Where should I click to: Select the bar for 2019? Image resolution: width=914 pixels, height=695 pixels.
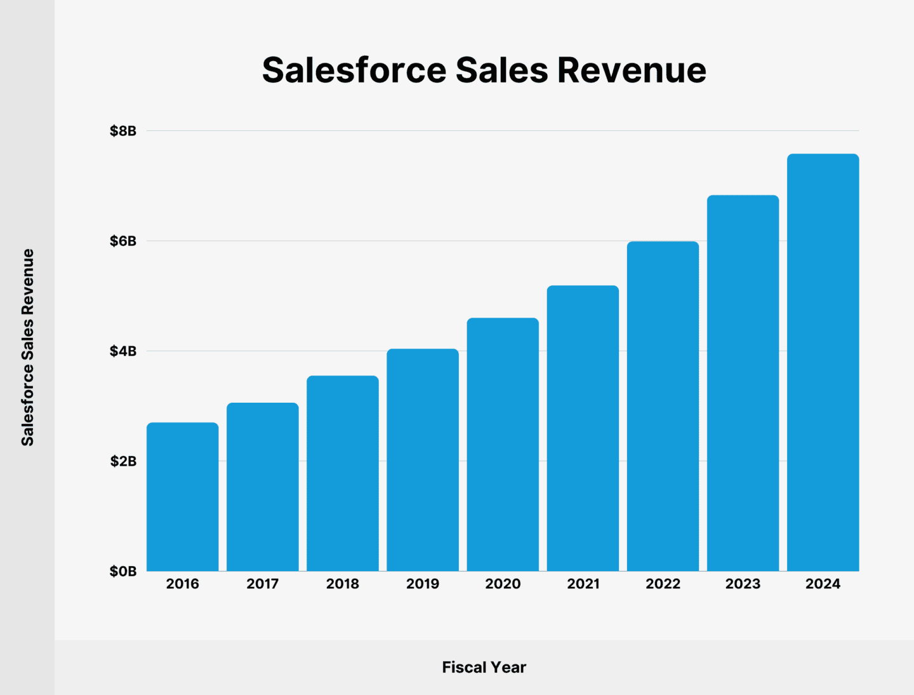(x=422, y=460)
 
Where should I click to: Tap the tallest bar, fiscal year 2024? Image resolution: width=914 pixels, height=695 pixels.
(x=823, y=362)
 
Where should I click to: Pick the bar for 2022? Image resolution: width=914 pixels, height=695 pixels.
(x=663, y=406)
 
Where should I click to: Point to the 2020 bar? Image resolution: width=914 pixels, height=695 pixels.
(x=503, y=445)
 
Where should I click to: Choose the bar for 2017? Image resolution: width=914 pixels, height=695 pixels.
(x=262, y=487)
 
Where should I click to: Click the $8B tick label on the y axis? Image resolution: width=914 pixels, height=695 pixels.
(x=123, y=131)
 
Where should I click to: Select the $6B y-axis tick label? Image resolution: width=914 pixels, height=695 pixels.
(x=123, y=241)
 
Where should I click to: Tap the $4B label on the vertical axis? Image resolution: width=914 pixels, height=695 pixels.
(x=123, y=351)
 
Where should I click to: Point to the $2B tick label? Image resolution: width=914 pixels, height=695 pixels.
(x=123, y=461)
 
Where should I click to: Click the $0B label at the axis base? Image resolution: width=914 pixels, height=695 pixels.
(x=123, y=571)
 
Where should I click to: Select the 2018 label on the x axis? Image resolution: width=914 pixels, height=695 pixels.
(x=342, y=584)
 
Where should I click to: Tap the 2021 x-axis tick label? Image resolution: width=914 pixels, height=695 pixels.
(x=583, y=584)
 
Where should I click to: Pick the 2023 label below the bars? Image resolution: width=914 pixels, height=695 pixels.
(x=743, y=584)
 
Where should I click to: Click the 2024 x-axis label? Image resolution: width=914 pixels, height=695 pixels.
(x=823, y=584)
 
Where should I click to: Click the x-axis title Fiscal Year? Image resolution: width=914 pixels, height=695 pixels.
(x=484, y=667)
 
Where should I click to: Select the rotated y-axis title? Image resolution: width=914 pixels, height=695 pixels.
(x=27, y=347)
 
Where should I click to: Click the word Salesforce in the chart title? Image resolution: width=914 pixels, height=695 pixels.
(x=354, y=70)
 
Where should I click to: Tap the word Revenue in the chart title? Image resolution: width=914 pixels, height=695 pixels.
(x=632, y=70)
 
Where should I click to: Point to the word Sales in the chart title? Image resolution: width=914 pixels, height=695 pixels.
(x=501, y=70)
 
